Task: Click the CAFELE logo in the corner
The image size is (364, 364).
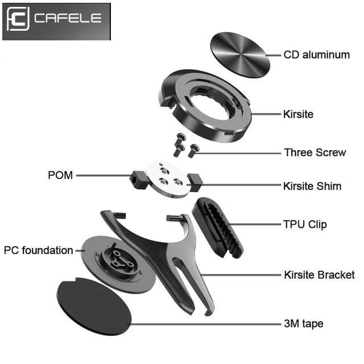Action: (56, 20)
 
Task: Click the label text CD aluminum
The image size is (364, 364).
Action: (316, 55)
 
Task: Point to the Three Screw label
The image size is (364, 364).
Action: (315, 152)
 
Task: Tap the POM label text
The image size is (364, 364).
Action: (60, 175)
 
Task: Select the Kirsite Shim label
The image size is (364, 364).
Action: (312, 186)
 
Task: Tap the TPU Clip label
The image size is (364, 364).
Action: (305, 224)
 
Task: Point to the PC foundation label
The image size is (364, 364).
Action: (39, 250)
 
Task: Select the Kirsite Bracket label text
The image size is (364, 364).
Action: (319, 275)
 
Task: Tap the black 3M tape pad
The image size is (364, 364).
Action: (94, 305)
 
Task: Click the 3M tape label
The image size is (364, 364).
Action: (304, 324)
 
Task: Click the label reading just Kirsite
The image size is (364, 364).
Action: (298, 114)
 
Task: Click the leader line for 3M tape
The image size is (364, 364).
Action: (205, 324)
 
